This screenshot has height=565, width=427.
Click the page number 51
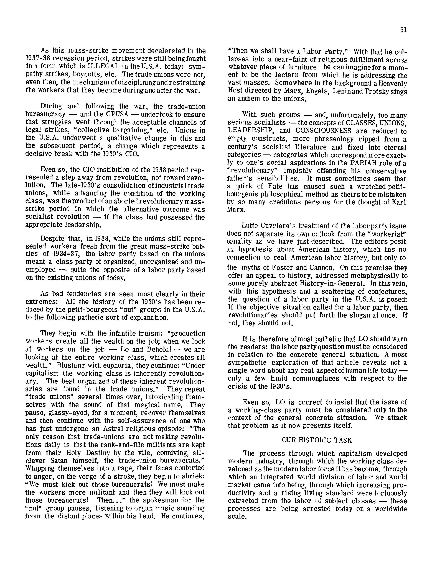(403, 30)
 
